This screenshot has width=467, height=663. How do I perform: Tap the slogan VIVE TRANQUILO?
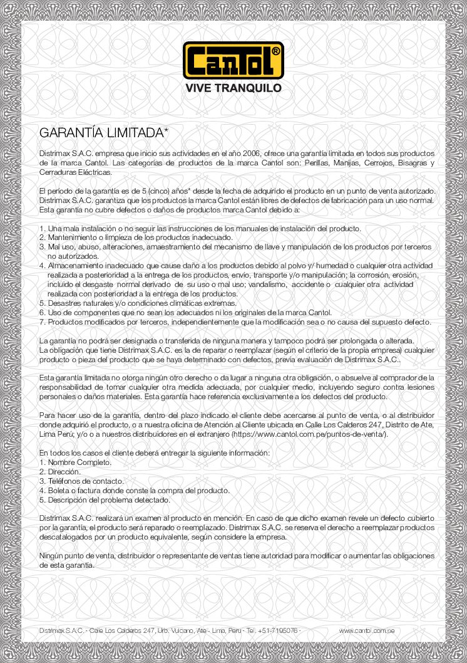[x=233, y=88]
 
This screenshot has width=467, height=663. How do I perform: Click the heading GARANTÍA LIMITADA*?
[x=104, y=133]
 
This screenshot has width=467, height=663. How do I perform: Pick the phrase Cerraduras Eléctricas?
[x=75, y=172]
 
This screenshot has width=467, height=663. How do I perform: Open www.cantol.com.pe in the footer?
[x=366, y=630]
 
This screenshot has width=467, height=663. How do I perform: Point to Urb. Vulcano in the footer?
[x=177, y=630]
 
